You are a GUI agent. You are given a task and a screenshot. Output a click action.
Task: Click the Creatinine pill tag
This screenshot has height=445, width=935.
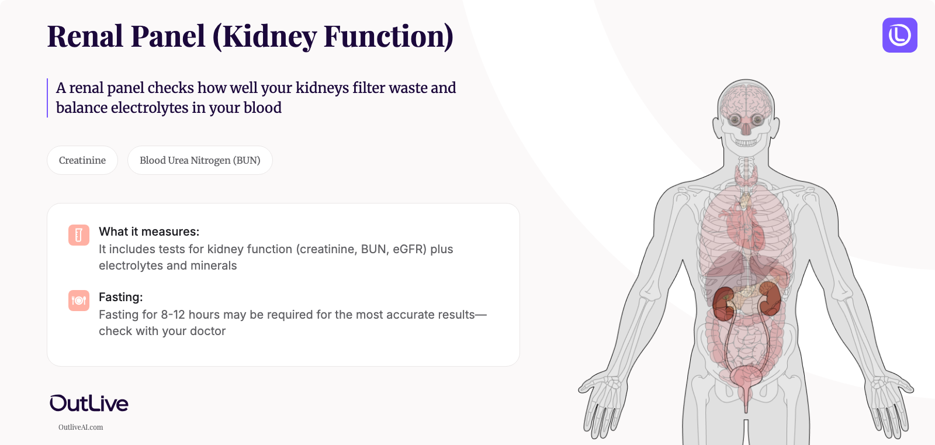click(82, 160)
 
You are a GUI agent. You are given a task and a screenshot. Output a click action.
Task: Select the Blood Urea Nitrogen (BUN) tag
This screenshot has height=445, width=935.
click(200, 160)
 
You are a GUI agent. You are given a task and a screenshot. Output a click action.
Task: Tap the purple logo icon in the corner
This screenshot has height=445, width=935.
click(899, 35)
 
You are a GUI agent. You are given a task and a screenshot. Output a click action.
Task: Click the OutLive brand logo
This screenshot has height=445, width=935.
click(89, 403)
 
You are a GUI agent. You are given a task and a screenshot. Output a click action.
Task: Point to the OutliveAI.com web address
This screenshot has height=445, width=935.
click(81, 427)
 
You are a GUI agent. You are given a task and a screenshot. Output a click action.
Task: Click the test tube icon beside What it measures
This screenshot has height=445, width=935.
click(79, 235)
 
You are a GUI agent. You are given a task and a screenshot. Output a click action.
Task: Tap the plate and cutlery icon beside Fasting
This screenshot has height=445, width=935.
click(79, 301)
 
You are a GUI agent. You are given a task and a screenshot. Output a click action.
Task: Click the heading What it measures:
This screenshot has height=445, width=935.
click(149, 232)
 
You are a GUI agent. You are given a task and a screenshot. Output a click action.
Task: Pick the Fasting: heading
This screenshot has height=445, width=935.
click(121, 297)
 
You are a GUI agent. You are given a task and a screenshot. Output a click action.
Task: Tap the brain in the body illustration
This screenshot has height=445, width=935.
click(746, 99)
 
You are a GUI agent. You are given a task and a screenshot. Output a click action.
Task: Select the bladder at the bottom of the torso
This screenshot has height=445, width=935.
click(746, 379)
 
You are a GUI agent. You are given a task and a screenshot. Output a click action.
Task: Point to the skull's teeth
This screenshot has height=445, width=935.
click(746, 142)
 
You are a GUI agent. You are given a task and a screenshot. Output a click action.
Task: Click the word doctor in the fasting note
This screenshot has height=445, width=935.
click(207, 331)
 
